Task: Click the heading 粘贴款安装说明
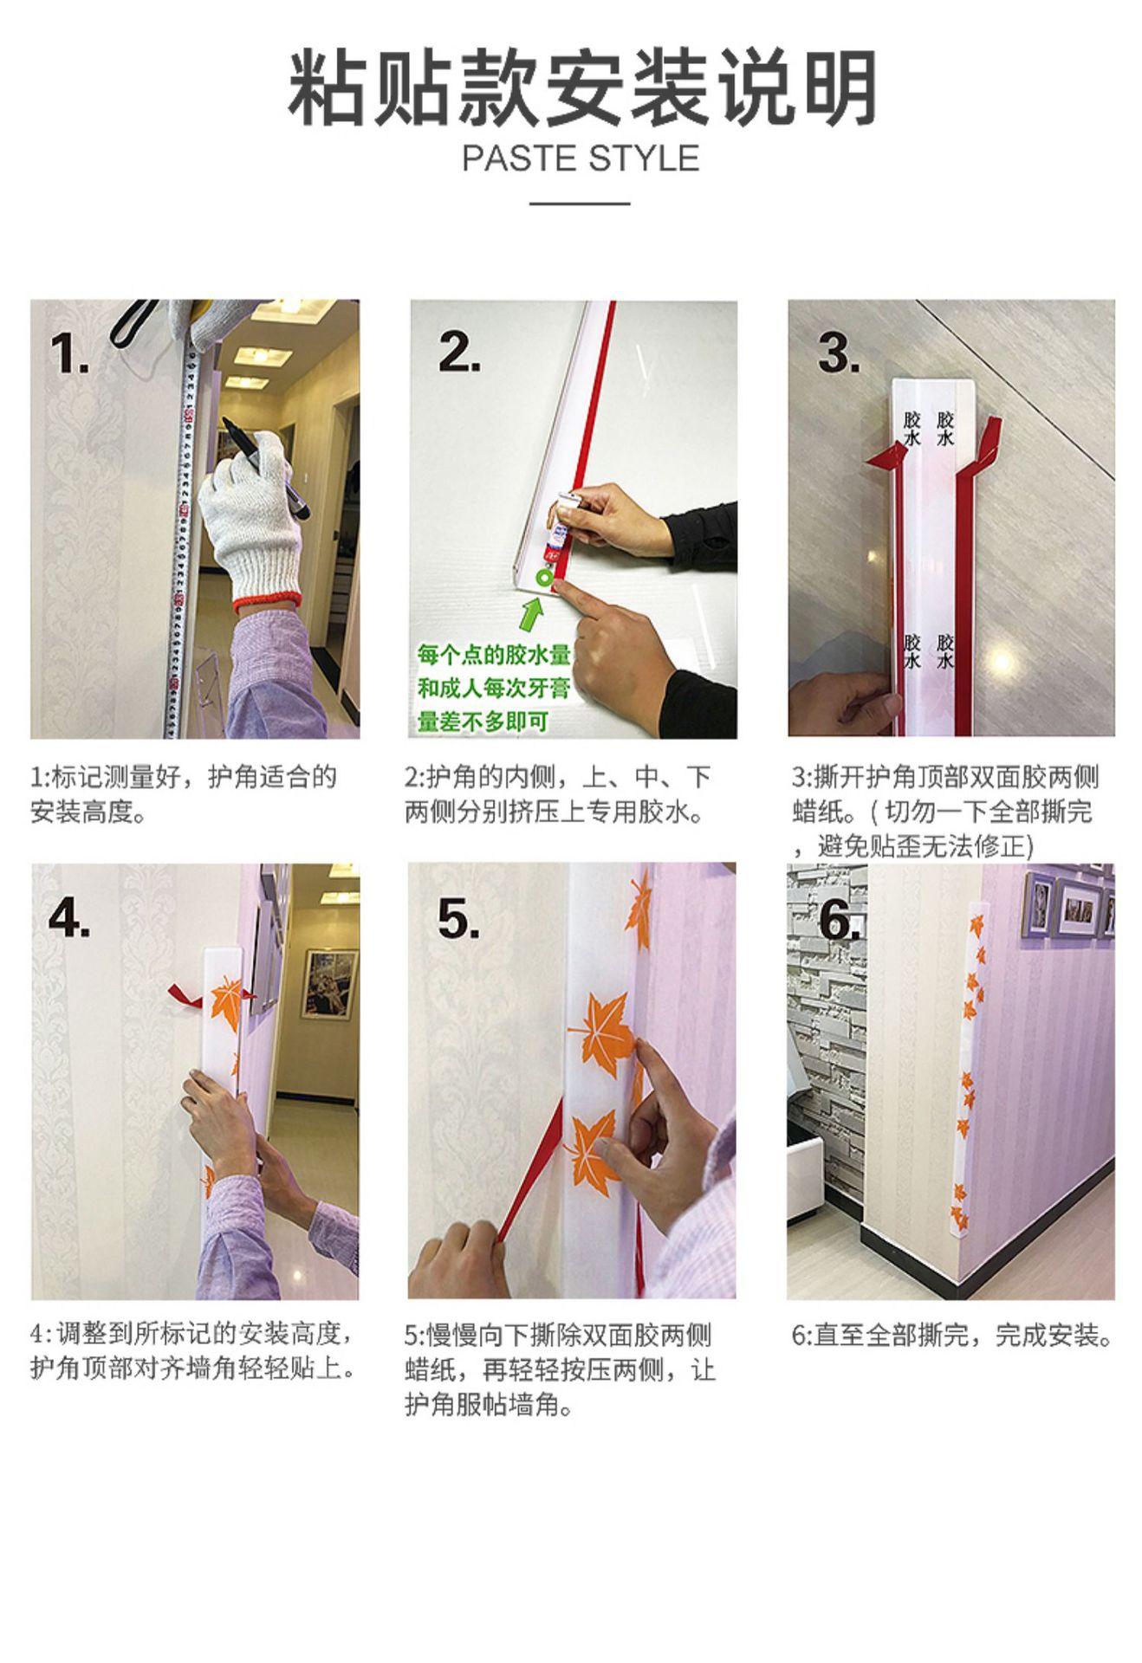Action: point(581,90)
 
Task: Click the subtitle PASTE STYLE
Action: point(581,159)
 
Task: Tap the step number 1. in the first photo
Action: point(69,353)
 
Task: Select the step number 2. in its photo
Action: point(459,351)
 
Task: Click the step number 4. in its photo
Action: point(69,916)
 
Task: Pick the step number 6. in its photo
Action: point(839,918)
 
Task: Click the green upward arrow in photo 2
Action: point(533,616)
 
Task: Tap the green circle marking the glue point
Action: point(545,578)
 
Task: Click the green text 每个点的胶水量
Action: point(494,655)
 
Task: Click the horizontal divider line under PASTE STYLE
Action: point(580,204)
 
